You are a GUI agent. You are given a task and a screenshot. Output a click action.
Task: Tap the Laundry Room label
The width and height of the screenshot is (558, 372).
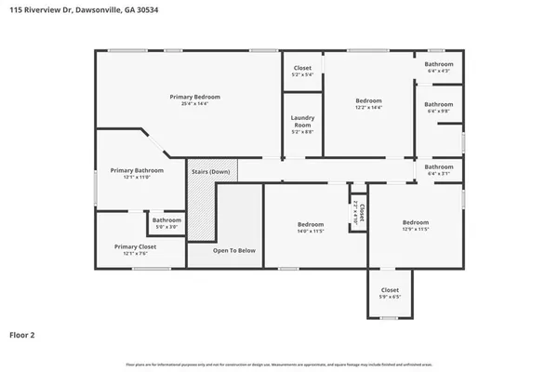[302, 120]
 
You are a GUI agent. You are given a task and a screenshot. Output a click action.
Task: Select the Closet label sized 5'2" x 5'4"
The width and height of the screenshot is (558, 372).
[302, 67]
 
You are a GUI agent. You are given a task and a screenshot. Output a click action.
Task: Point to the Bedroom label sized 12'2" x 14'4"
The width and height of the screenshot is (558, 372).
[367, 100]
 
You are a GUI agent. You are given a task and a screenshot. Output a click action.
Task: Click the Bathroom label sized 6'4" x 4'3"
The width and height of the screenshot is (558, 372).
[439, 64]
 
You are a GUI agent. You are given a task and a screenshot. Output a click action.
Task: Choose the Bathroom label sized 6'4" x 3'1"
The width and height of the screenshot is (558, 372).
[439, 166]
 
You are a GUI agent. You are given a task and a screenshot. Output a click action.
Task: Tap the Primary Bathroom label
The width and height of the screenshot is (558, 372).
[137, 170]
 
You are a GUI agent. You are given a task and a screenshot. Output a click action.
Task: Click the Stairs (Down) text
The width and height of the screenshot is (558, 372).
[211, 172]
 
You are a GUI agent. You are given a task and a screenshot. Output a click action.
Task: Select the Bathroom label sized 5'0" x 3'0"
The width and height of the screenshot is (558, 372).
[166, 220]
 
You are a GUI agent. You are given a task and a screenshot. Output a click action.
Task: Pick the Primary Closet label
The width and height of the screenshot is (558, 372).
[135, 246]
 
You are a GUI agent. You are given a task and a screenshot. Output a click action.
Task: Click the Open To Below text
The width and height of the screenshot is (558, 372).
[234, 250]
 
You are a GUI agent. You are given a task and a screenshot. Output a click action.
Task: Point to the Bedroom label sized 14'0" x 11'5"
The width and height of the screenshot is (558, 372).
[311, 224]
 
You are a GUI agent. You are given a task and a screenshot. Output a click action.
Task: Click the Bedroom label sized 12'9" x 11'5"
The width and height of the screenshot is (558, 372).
[415, 222]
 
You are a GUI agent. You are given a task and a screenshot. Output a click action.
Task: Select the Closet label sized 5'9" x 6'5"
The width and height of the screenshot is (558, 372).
[390, 290]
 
